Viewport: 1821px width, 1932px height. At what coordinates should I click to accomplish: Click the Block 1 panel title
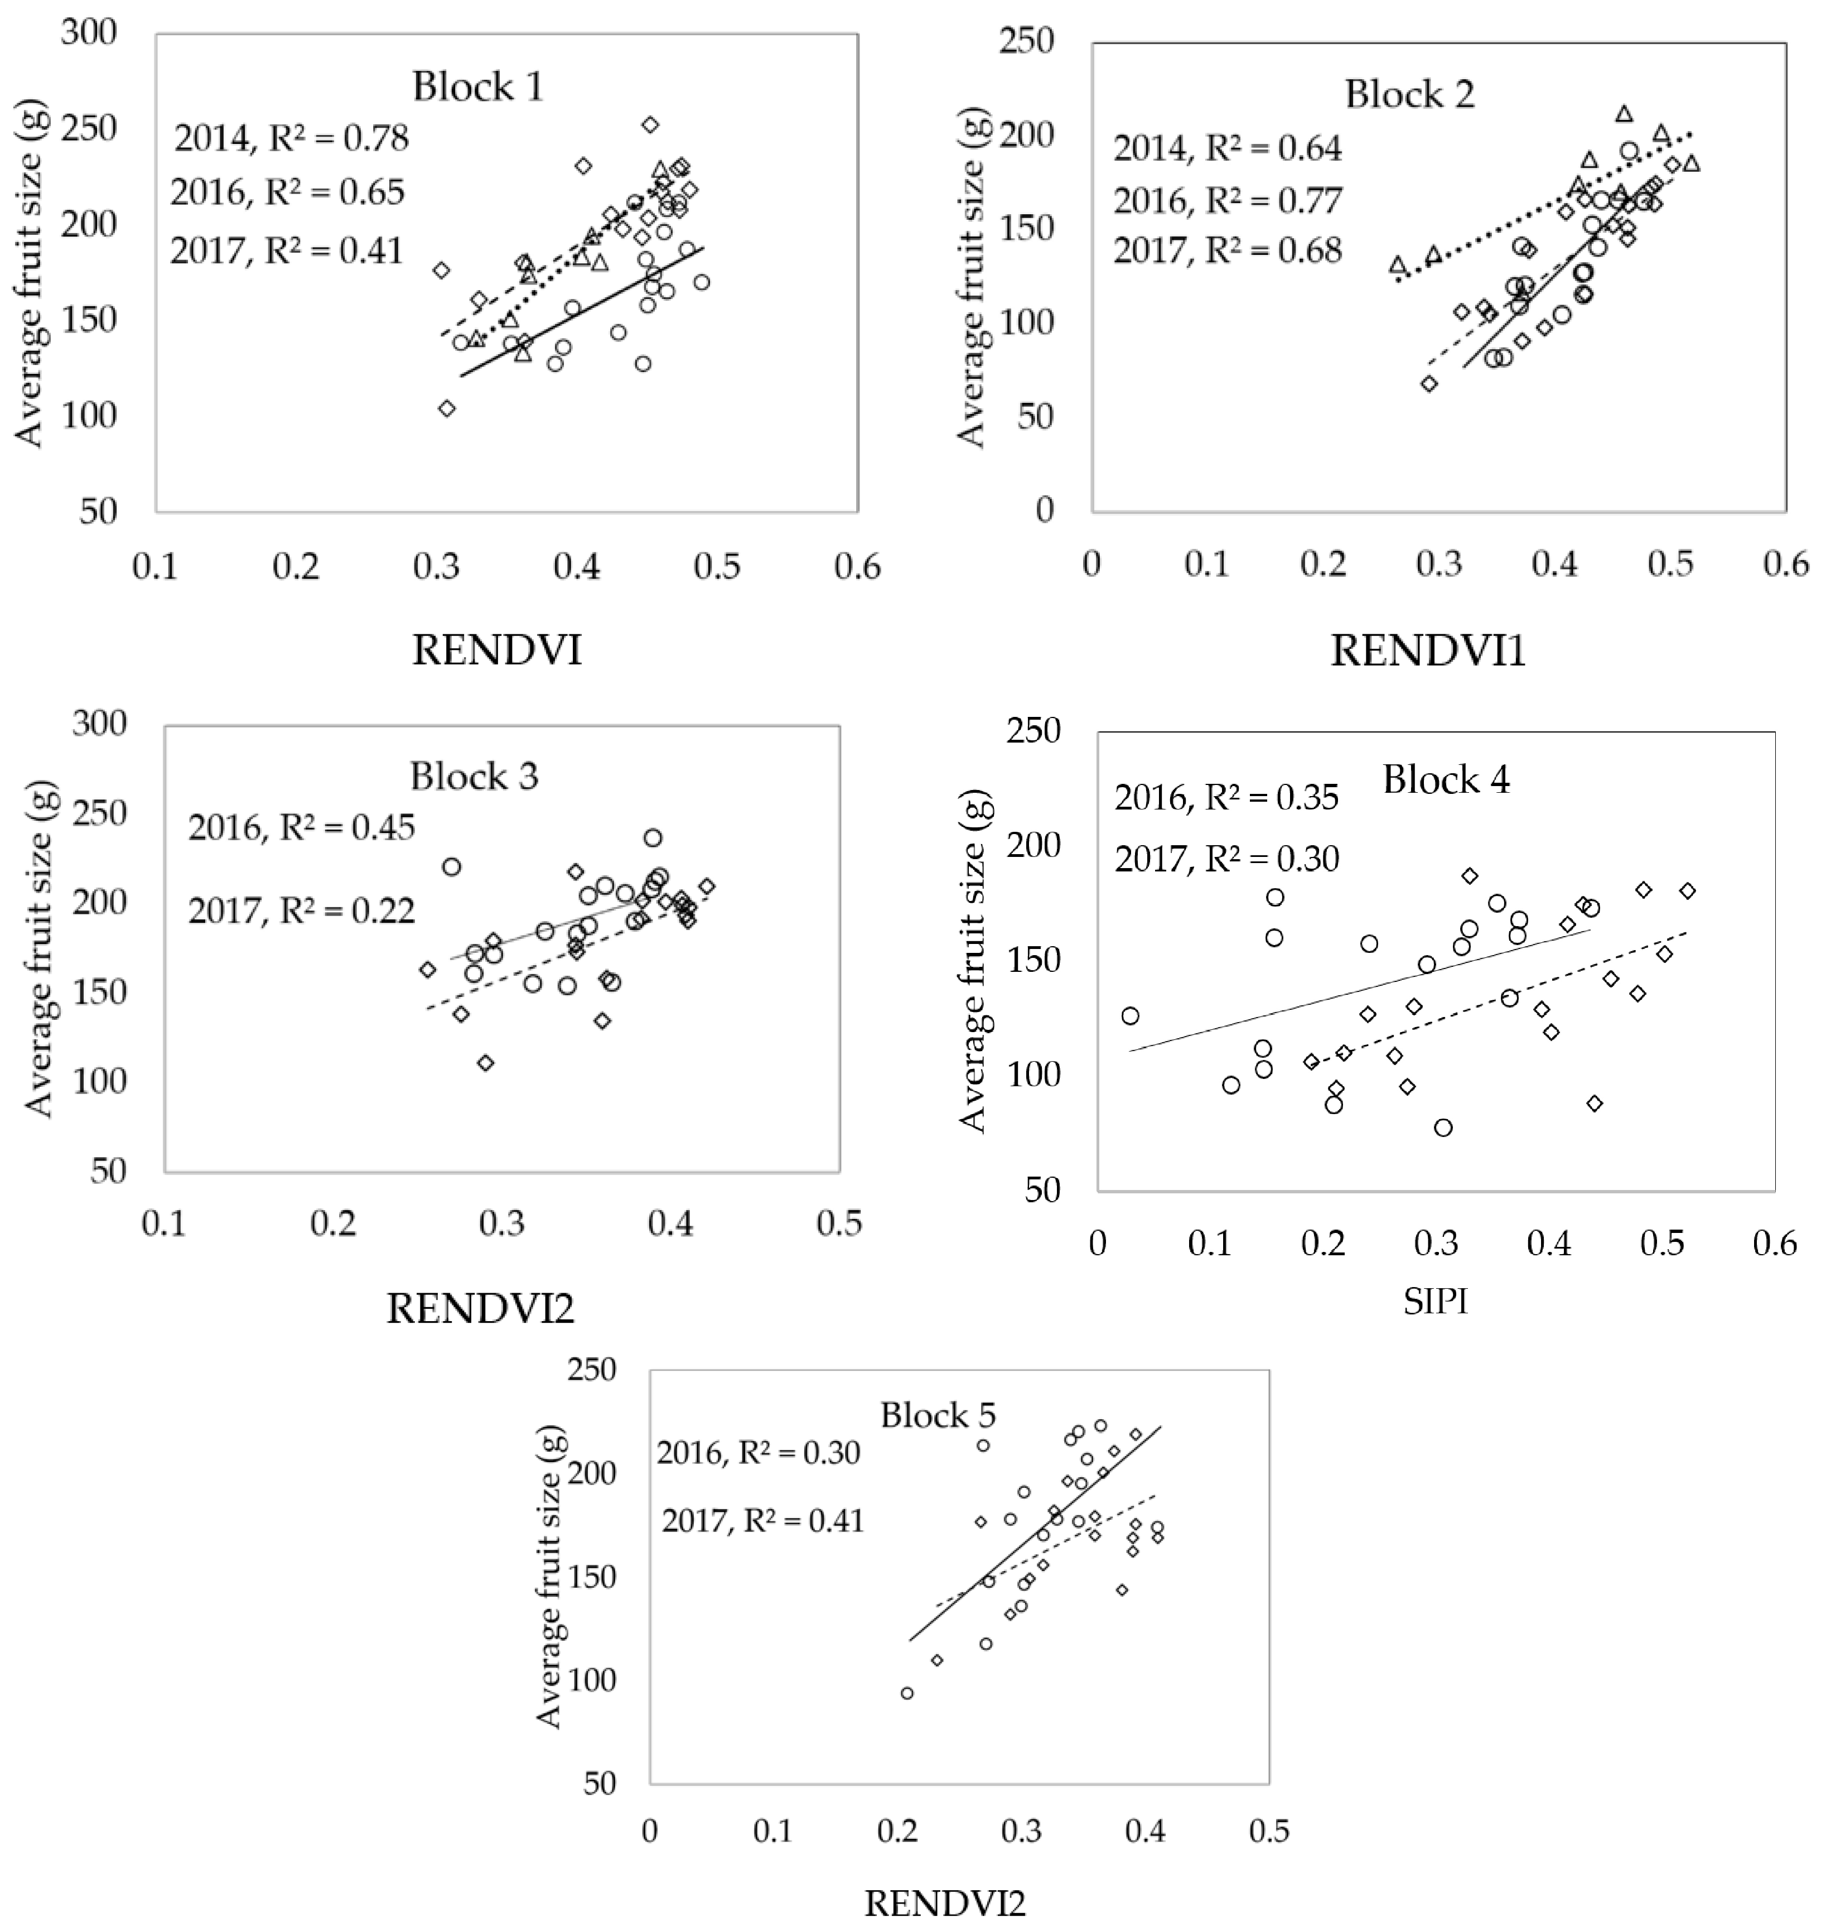click(x=477, y=86)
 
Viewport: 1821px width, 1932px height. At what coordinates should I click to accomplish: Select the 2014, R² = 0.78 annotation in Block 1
click(x=292, y=139)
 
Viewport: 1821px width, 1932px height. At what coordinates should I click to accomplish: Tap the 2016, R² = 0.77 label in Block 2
click(x=1227, y=200)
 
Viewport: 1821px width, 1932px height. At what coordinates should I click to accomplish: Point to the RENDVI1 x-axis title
click(x=1427, y=650)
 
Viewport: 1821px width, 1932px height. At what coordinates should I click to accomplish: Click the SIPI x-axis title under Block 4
click(x=1434, y=1301)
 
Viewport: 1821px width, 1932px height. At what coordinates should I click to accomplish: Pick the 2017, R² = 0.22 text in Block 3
click(x=301, y=910)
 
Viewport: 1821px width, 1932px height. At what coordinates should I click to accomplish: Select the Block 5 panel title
click(x=938, y=1415)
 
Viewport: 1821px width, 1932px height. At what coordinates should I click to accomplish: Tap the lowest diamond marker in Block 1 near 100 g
click(x=447, y=408)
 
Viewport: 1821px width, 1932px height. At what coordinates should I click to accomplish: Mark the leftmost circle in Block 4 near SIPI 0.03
click(x=1130, y=1015)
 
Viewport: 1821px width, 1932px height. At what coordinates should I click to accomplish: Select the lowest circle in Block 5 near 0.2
click(x=907, y=1720)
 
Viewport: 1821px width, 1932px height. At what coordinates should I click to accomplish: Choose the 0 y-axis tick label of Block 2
click(x=1045, y=509)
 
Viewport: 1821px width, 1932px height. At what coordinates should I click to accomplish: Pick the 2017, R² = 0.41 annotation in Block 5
click(x=763, y=1520)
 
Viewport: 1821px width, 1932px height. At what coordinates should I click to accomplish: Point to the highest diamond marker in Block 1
click(x=650, y=124)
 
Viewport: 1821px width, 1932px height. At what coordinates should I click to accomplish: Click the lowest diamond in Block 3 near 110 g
click(x=486, y=1062)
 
